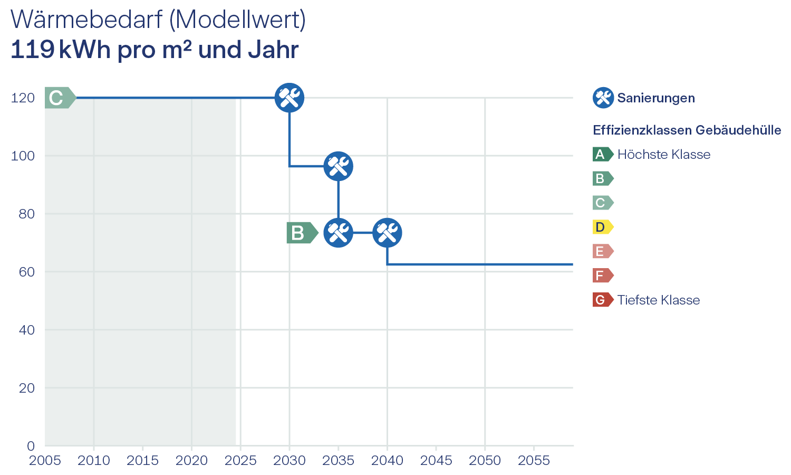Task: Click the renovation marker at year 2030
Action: click(290, 98)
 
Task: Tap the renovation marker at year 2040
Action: click(387, 233)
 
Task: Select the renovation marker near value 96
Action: click(338, 166)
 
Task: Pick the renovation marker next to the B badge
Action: click(338, 233)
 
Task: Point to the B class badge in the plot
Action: click(301, 233)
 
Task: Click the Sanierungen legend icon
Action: click(603, 98)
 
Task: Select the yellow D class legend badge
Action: click(602, 227)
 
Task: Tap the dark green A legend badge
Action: click(602, 154)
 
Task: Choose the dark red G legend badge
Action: click(602, 300)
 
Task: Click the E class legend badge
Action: click(602, 251)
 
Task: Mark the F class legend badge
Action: click(602, 275)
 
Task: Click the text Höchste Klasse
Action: click(664, 155)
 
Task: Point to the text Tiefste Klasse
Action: click(659, 300)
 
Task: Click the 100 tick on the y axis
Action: click(23, 156)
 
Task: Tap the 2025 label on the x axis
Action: click(240, 461)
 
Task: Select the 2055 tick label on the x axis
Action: click(534, 461)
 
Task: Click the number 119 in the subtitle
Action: click(33, 50)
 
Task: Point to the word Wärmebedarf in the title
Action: click(86, 20)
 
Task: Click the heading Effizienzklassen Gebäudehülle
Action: click(687, 130)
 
